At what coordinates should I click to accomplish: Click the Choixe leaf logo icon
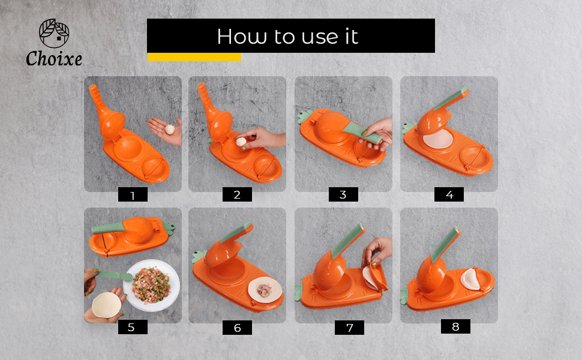pyautogui.click(x=54, y=34)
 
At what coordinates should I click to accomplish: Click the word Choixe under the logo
pyautogui.click(x=54, y=59)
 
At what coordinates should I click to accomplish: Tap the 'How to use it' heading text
pyautogui.click(x=287, y=37)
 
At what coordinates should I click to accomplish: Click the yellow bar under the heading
pyautogui.click(x=194, y=57)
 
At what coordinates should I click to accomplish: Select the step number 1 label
pyautogui.click(x=133, y=194)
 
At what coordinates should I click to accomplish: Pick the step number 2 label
pyautogui.click(x=237, y=194)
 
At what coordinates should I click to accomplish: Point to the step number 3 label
pyautogui.click(x=343, y=194)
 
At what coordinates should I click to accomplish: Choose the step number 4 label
pyautogui.click(x=449, y=194)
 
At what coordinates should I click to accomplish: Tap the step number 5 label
pyautogui.click(x=133, y=327)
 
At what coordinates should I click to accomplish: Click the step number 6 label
pyautogui.click(x=237, y=328)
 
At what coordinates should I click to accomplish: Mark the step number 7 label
pyautogui.click(x=349, y=328)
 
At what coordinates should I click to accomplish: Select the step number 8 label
pyautogui.click(x=455, y=326)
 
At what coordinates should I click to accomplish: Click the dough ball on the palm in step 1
pyautogui.click(x=170, y=130)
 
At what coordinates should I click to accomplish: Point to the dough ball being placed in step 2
pyautogui.click(x=241, y=142)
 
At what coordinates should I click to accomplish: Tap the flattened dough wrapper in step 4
pyautogui.click(x=438, y=139)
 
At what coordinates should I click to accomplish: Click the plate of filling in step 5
pyautogui.click(x=152, y=286)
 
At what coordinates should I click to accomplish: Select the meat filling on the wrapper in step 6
pyautogui.click(x=265, y=290)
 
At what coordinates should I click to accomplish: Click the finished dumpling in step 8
pyautogui.click(x=470, y=279)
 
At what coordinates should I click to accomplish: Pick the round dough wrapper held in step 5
pyautogui.click(x=107, y=305)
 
